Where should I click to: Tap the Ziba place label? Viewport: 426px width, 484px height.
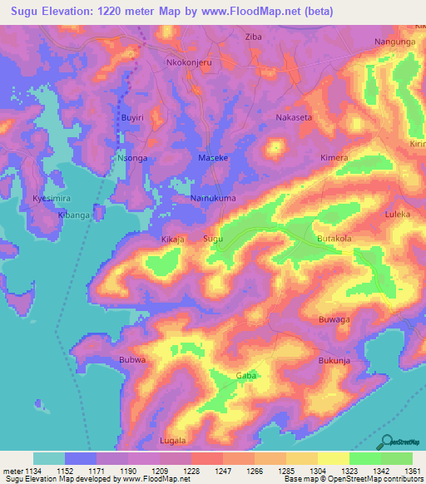pyautogui.click(x=253, y=37)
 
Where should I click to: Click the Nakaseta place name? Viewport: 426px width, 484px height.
pyautogui.click(x=294, y=117)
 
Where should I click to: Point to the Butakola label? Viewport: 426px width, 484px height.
pyautogui.click(x=334, y=239)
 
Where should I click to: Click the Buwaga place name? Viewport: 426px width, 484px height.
pyautogui.click(x=334, y=319)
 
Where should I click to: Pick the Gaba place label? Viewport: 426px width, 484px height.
pyautogui.click(x=246, y=376)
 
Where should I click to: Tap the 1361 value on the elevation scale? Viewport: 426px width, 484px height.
pyautogui.click(x=411, y=472)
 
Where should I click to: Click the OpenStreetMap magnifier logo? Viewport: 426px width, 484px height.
pyautogui.click(x=384, y=441)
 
